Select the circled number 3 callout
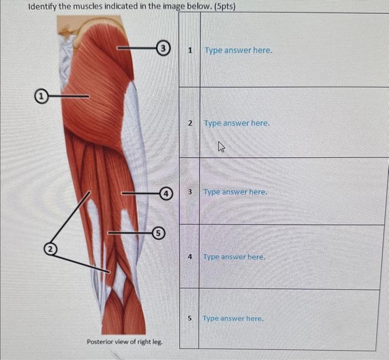point(162,48)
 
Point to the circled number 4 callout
point(165,193)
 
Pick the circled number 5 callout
point(158,233)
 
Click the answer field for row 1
point(238,50)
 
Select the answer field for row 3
point(235,192)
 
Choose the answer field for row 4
point(234,257)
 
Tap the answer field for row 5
point(233,318)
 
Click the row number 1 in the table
point(190,50)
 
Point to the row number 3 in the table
point(189,192)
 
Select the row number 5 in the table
point(189,318)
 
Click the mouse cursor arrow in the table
point(221,147)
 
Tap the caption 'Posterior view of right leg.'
point(124,342)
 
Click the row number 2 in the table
point(190,123)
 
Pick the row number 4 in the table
point(189,257)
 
